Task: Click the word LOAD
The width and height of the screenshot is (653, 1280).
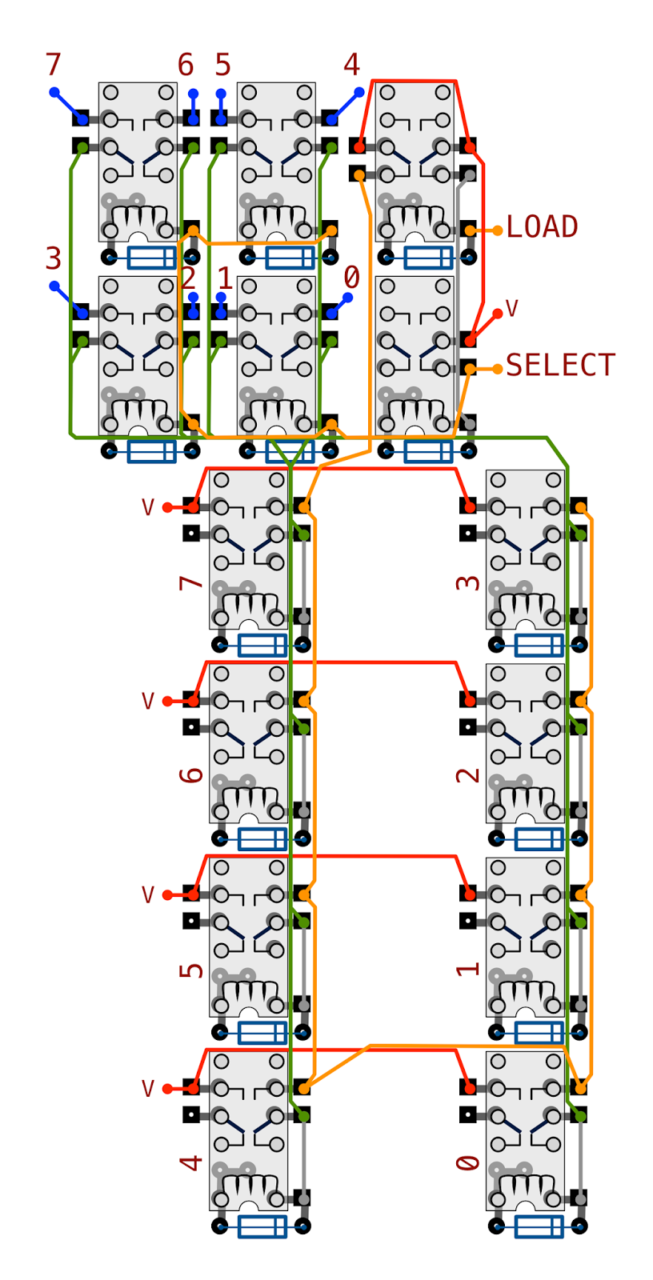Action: point(542,227)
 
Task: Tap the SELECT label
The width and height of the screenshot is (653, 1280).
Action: point(560,365)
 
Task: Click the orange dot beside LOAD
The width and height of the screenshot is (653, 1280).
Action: point(498,230)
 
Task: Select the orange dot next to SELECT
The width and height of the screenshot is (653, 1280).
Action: point(498,369)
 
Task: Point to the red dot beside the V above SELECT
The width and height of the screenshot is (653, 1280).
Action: point(498,313)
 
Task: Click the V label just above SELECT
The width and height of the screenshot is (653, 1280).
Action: point(512,309)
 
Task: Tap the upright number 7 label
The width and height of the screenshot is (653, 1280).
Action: point(53,65)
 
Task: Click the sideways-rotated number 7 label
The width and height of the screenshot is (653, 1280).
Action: point(191,582)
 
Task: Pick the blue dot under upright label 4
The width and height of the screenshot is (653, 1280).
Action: point(359,92)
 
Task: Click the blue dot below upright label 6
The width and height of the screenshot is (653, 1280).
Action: point(194,94)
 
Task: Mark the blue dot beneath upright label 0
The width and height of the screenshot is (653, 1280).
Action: point(347,297)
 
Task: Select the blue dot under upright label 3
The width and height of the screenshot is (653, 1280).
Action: point(54,286)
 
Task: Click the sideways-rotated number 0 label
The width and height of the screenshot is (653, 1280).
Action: point(467,1163)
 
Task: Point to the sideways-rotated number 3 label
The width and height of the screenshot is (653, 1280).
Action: point(467,582)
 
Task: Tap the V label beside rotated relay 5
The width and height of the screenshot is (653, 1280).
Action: point(148,895)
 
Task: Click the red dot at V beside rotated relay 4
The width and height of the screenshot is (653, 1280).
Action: point(167,1089)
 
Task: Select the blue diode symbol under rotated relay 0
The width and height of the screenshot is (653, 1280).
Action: point(539,1226)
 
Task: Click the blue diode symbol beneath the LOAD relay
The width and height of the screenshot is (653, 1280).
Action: point(428,258)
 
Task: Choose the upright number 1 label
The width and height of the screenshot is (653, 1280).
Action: point(226,278)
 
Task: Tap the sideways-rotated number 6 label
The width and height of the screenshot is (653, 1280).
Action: point(191,775)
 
